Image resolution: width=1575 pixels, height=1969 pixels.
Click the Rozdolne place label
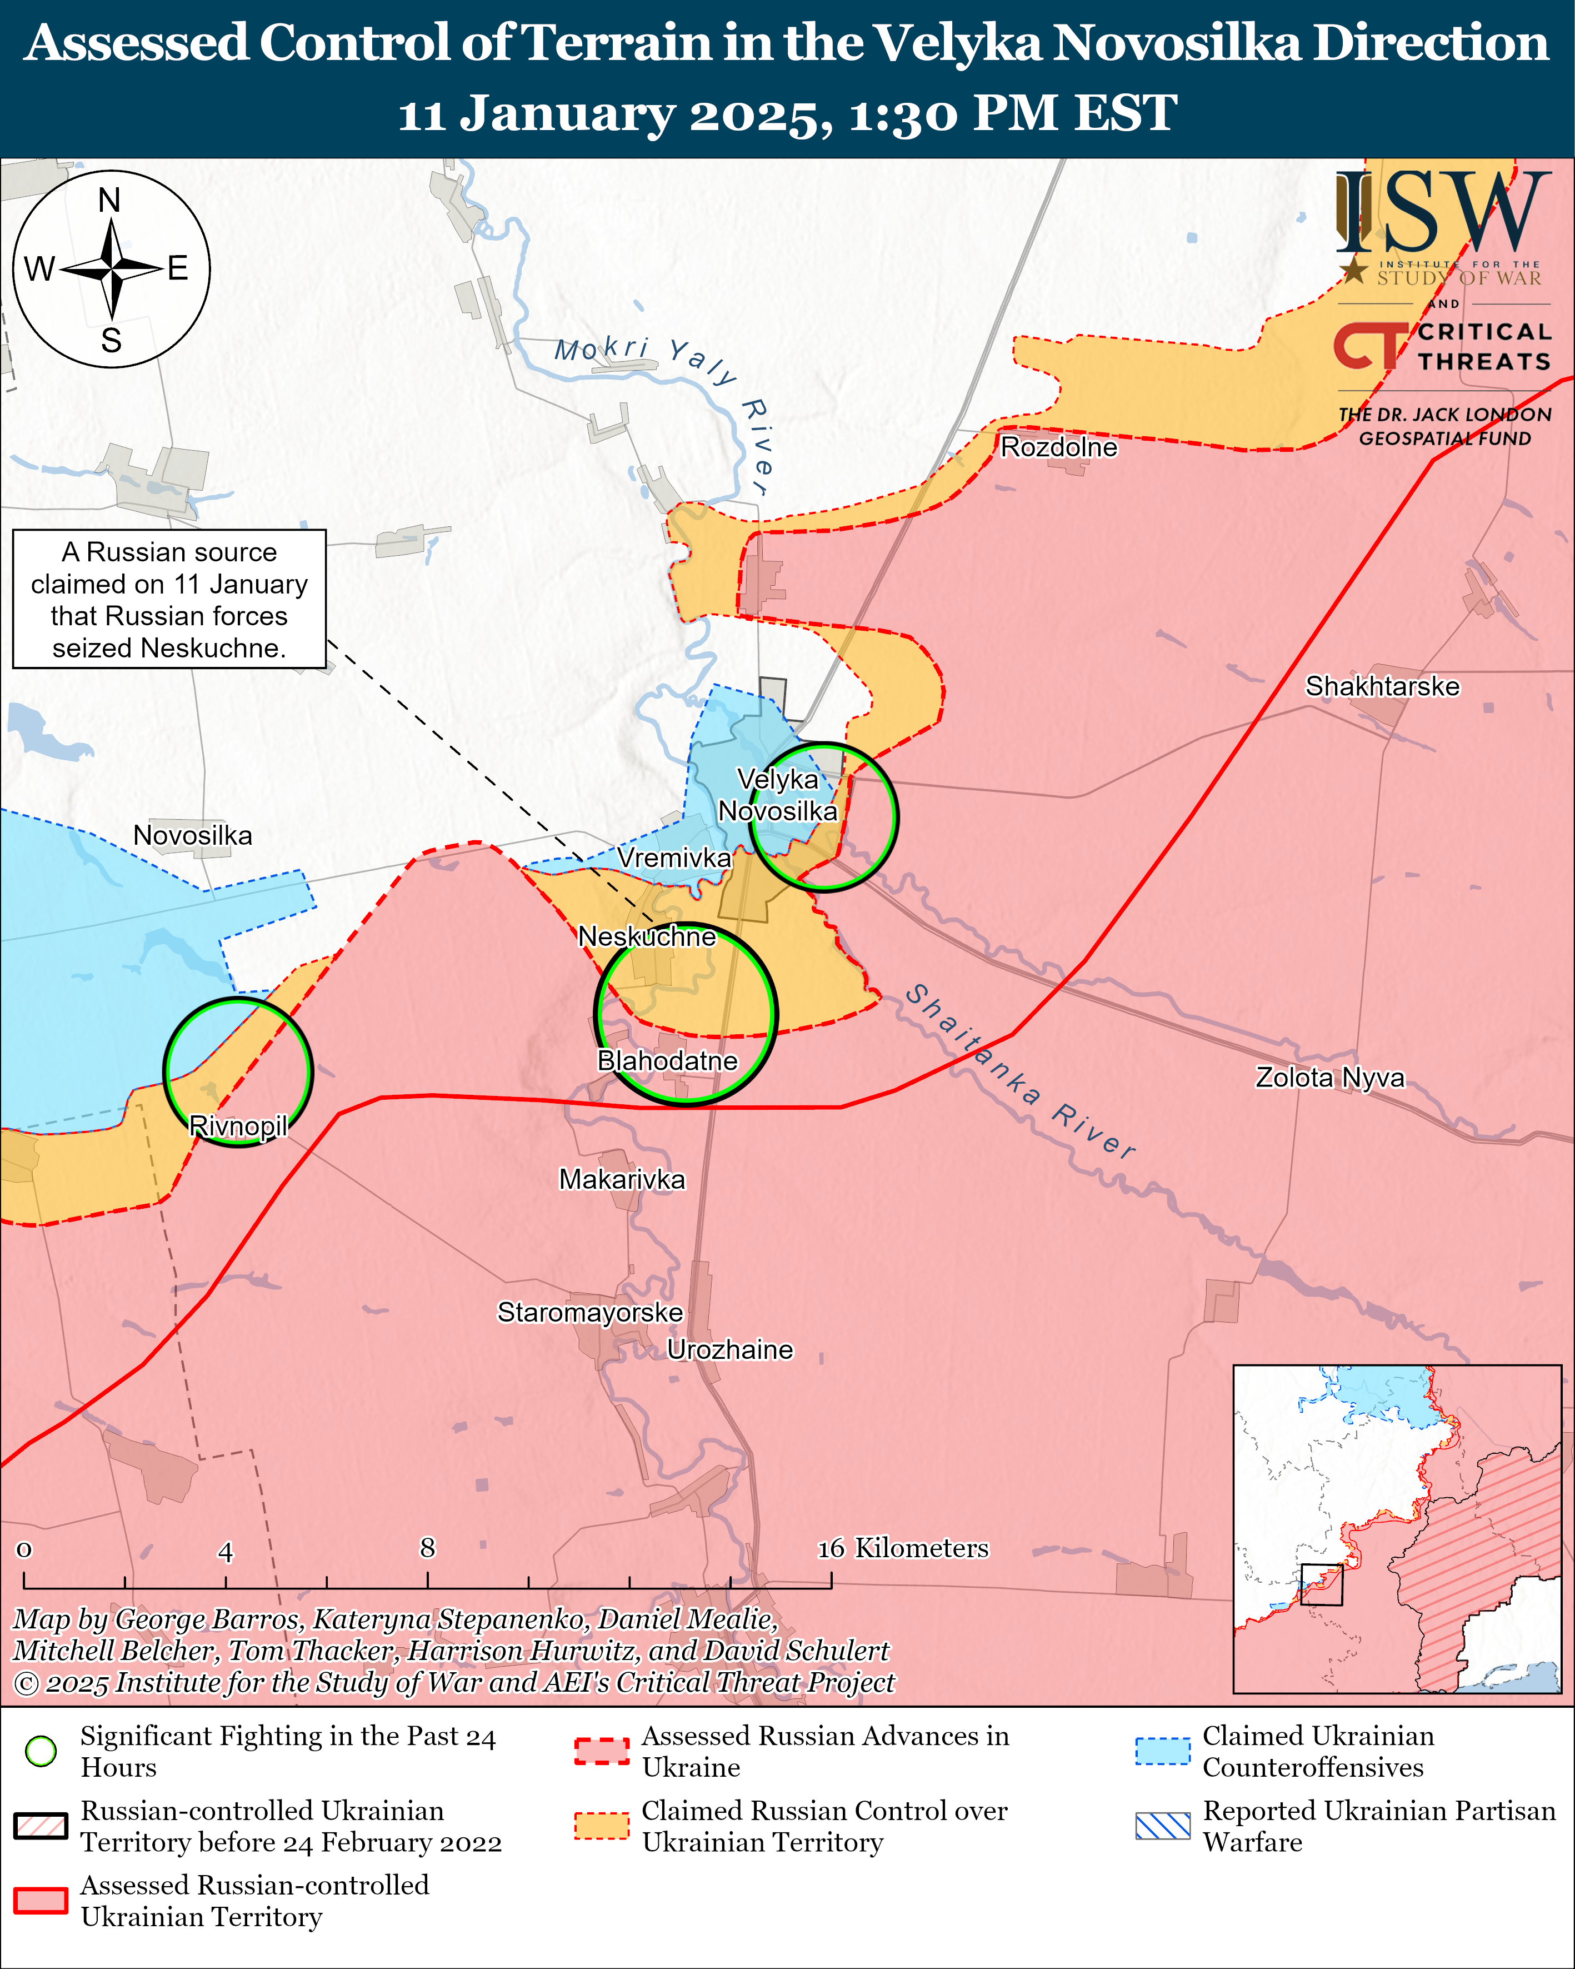point(1058,447)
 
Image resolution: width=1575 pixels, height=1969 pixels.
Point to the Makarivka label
point(622,1179)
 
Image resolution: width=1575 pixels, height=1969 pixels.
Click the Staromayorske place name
point(590,1312)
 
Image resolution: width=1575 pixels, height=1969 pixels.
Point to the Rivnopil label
point(238,1125)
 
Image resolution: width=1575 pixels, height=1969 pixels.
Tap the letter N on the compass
point(109,200)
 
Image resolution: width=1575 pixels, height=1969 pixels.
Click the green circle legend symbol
point(41,1751)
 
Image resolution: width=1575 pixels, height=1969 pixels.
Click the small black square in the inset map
point(1321,1584)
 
